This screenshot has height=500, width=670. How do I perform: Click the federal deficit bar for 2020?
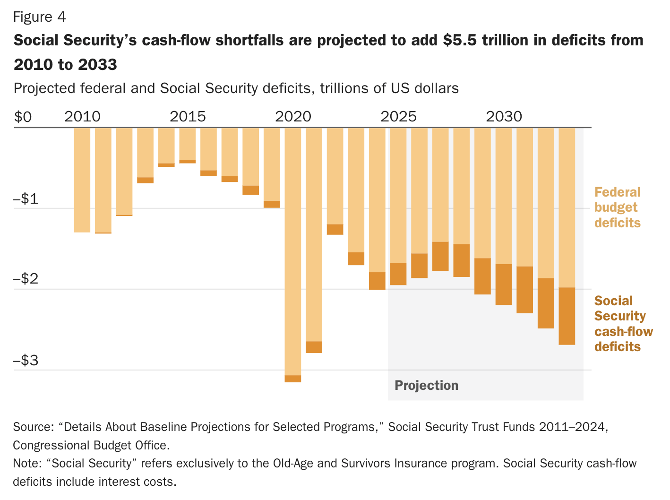pyautogui.click(x=292, y=250)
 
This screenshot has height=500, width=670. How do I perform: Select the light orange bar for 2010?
pyautogui.click(x=82, y=180)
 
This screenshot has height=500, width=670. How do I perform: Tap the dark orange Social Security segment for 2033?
pyautogui.click(x=567, y=316)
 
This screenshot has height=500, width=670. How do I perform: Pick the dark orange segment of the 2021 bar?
pyautogui.click(x=314, y=347)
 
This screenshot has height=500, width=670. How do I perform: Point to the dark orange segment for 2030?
pyautogui.click(x=503, y=284)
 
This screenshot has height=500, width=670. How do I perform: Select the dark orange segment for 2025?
pyautogui.click(x=398, y=274)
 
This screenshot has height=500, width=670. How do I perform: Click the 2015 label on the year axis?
pyautogui.click(x=188, y=116)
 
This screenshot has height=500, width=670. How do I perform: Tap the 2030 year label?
pyautogui.click(x=504, y=116)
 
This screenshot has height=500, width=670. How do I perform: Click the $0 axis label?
pyautogui.click(x=23, y=117)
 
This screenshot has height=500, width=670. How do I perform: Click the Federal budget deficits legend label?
pyautogui.click(x=617, y=207)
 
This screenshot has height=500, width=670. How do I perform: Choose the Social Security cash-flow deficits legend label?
pyautogui.click(x=623, y=324)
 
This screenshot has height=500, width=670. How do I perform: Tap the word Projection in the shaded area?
pyautogui.click(x=426, y=386)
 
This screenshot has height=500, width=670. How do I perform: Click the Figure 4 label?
pyautogui.click(x=39, y=17)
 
